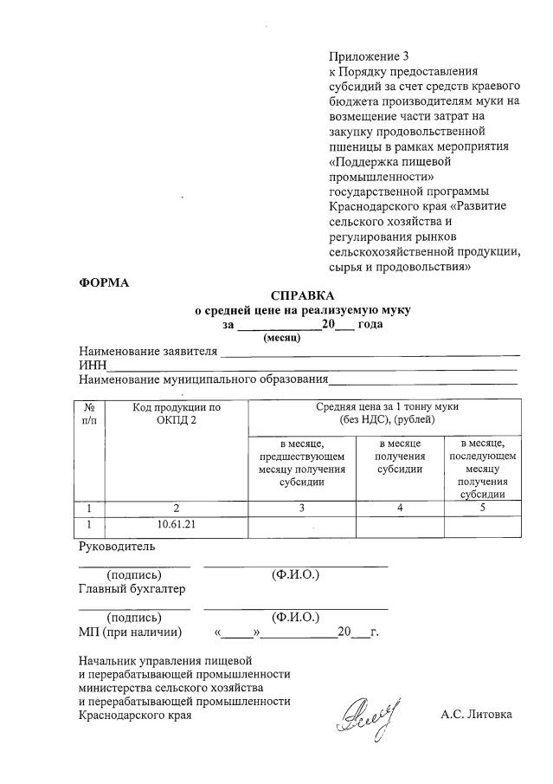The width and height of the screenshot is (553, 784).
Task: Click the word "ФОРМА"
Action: pyautogui.click(x=103, y=283)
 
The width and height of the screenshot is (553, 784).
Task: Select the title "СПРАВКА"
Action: pyautogui.click(x=301, y=295)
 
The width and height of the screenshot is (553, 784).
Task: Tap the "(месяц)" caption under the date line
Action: pyautogui.click(x=281, y=338)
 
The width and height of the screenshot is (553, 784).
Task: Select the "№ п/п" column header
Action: pyautogui.click(x=89, y=412)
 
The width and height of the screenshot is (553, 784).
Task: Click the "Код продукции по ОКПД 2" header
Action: pyautogui.click(x=177, y=412)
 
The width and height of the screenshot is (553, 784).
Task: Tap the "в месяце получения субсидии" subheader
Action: pyautogui.click(x=400, y=457)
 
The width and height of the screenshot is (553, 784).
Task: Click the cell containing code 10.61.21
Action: pyautogui.click(x=177, y=525)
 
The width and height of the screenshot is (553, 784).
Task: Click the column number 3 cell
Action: pyautogui.click(x=301, y=508)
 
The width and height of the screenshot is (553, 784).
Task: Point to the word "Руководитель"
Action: pyautogui.click(x=117, y=547)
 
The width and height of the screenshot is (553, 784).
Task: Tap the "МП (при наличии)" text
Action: pyautogui.click(x=130, y=632)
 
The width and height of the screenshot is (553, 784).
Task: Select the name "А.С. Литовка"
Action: pyautogui.click(x=476, y=715)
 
